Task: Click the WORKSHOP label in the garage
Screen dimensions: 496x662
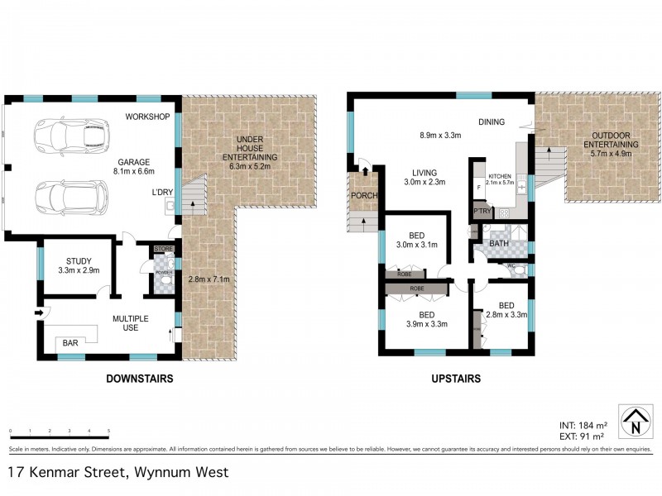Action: pos(148,116)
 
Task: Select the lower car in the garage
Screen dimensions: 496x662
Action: pos(72,196)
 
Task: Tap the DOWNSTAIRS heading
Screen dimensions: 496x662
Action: pos(140,379)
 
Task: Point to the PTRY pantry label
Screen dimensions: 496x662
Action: pos(481,211)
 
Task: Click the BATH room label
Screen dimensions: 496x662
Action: pos(498,244)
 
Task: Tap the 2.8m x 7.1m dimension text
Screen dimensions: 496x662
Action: pos(207,279)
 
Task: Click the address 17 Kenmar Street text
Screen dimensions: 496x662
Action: pos(118,474)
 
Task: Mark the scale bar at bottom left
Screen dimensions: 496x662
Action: pos(60,432)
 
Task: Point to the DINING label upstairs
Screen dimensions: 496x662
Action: pos(492,122)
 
